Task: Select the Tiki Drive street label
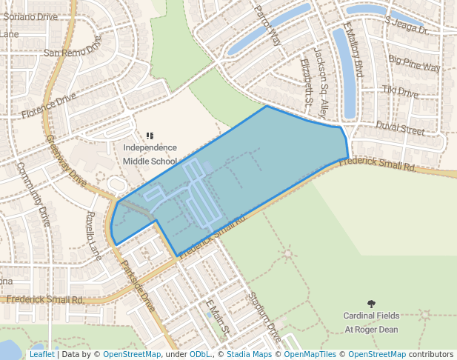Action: [x=400, y=91]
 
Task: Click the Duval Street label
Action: [x=399, y=128]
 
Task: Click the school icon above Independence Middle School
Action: [x=150, y=136]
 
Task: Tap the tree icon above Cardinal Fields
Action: [x=371, y=304]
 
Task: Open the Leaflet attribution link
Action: [x=41, y=354]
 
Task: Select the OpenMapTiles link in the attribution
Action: [x=310, y=354]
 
